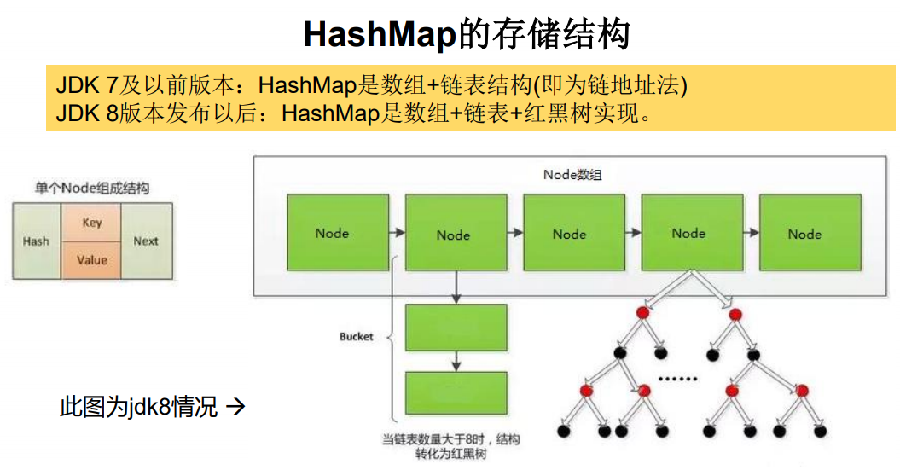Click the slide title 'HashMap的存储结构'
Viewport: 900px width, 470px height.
click(x=467, y=35)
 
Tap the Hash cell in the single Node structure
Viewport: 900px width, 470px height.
click(x=36, y=241)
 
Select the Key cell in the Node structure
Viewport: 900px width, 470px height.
click(x=92, y=223)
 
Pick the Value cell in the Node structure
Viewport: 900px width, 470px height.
click(x=92, y=260)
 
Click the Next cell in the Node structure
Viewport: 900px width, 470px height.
click(x=146, y=241)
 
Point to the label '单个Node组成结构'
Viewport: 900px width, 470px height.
click(x=91, y=188)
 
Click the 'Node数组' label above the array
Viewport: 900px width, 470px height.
click(x=572, y=175)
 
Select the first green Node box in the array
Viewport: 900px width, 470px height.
click(x=332, y=233)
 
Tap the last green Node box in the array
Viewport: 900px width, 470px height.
click(x=804, y=233)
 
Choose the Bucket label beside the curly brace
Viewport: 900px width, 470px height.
click(x=356, y=337)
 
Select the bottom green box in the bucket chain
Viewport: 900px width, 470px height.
click(x=456, y=393)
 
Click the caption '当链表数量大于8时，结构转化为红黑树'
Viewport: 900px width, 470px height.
click(x=450, y=447)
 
